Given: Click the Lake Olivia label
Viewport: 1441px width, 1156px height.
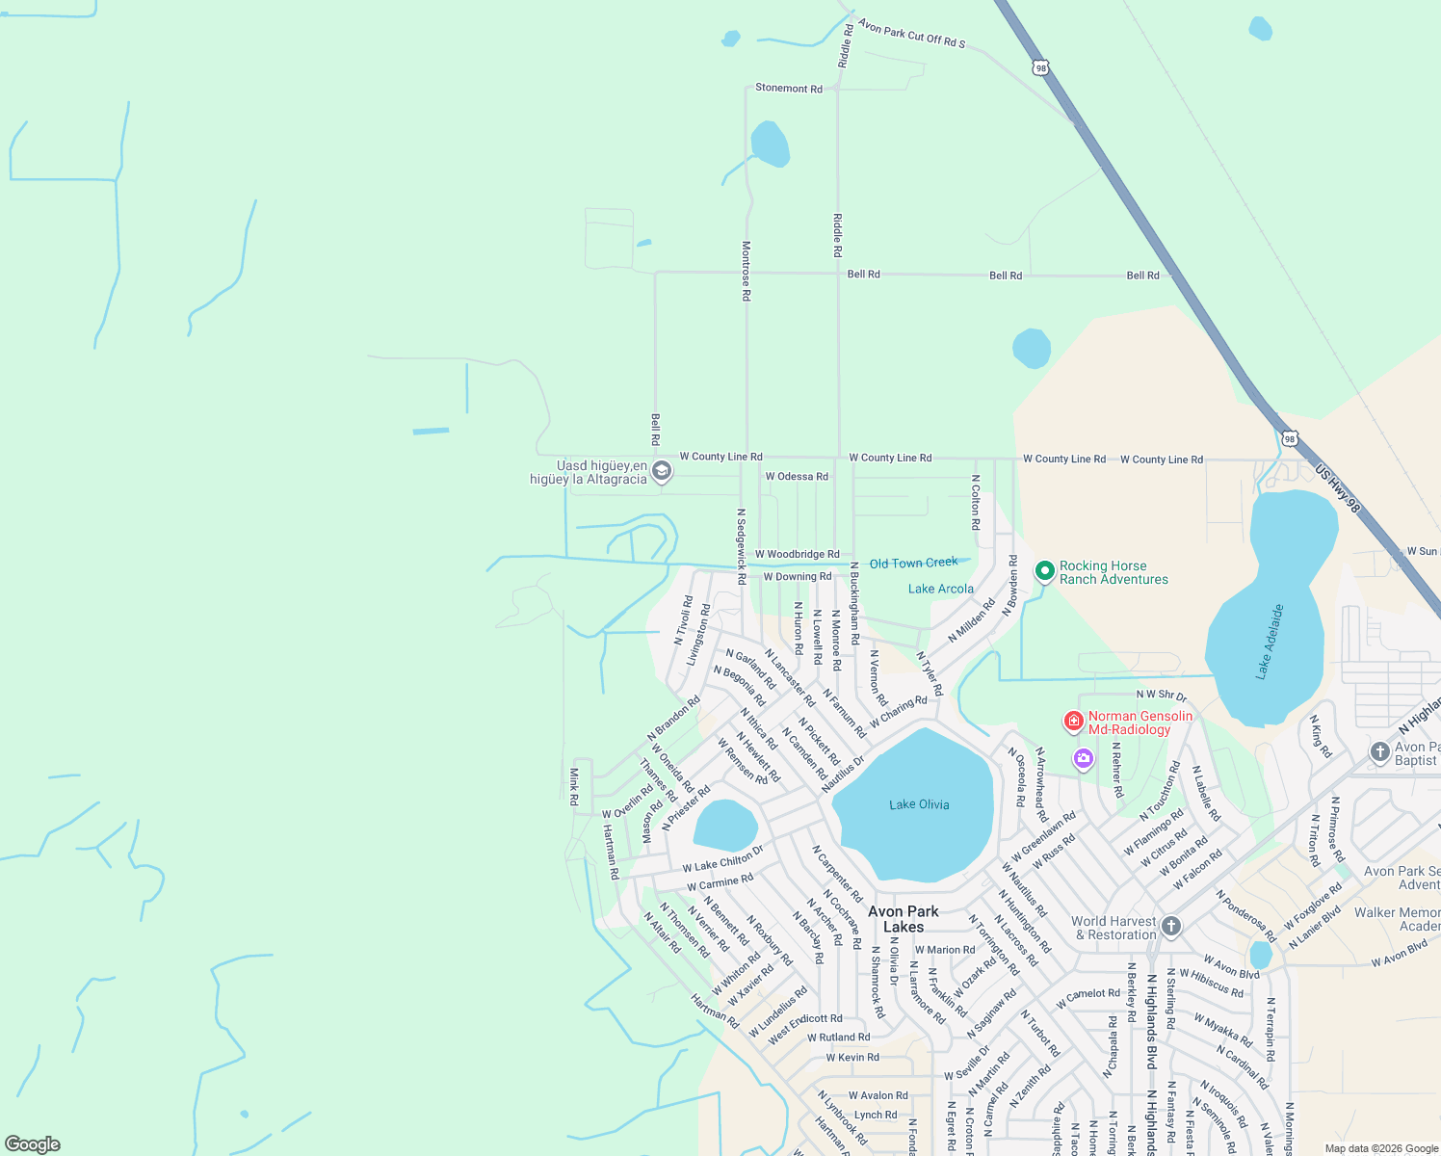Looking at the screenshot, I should (x=919, y=804).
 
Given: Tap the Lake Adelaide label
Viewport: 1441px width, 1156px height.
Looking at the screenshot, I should (x=1270, y=642).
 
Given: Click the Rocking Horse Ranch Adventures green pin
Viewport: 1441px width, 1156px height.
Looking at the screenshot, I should (x=1045, y=571).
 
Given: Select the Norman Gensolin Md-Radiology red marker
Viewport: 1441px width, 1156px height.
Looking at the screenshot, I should (x=1074, y=721).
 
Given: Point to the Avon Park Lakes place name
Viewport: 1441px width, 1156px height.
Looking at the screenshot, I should (x=904, y=919).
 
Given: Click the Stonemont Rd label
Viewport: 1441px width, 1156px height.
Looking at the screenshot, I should (x=789, y=89).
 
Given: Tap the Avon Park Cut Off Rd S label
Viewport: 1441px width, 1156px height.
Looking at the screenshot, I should (x=911, y=35).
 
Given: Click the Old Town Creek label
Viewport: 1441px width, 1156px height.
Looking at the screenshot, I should (x=913, y=564).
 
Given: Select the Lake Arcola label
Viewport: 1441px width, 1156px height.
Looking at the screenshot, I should (x=940, y=589).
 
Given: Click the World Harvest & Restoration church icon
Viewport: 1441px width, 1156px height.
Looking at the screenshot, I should (x=1171, y=927).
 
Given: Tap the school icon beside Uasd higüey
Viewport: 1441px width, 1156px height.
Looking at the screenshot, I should (x=661, y=471).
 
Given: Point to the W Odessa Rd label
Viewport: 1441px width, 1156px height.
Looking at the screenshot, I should (x=797, y=477).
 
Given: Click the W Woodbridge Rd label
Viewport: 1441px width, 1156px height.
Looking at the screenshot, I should (x=797, y=555).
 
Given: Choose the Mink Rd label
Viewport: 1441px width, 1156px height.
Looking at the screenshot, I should (x=574, y=786).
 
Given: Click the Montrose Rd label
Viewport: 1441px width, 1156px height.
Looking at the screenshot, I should (x=746, y=271).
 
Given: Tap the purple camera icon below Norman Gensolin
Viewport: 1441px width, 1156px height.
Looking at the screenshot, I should (x=1084, y=759).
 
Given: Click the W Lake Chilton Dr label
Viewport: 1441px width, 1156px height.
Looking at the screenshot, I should (x=722, y=858).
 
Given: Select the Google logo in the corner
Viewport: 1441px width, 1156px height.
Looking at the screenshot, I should (x=32, y=1144).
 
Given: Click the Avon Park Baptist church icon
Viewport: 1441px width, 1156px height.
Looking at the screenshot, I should (x=1379, y=751).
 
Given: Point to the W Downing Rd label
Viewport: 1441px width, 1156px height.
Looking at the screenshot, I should (x=797, y=577).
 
